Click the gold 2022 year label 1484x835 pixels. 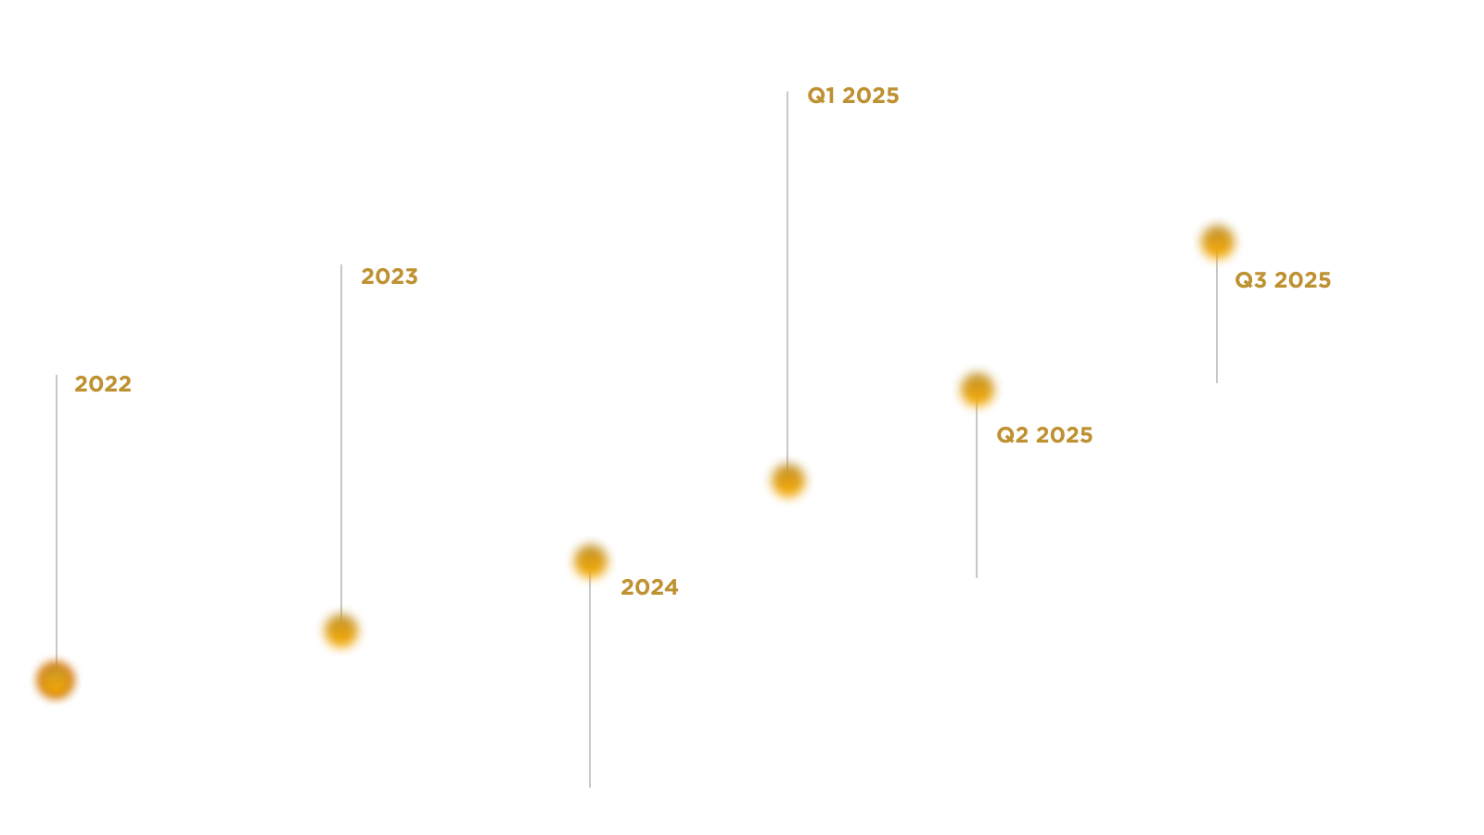(x=103, y=384)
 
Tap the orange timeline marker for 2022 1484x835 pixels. (x=56, y=680)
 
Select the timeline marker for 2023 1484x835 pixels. (x=341, y=631)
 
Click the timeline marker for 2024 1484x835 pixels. (x=591, y=560)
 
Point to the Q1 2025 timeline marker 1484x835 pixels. (x=788, y=480)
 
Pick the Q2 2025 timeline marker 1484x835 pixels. (x=977, y=389)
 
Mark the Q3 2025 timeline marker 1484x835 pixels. (x=1217, y=241)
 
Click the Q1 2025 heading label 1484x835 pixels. (x=853, y=96)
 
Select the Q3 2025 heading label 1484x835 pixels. (x=1283, y=280)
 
